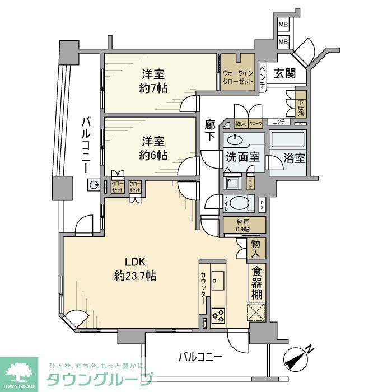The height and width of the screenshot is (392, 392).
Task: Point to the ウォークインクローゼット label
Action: (239, 77)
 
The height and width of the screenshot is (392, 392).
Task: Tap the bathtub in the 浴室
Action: (287, 140)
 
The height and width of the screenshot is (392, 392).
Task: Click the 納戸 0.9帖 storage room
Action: (243, 225)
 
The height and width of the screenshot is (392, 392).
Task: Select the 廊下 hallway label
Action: (209, 130)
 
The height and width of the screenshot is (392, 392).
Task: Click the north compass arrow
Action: (297, 358)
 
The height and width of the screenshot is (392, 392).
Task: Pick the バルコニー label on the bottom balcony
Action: (201, 356)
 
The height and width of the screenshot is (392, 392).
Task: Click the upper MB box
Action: (283, 26)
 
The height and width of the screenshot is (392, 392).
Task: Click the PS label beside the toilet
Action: (262, 206)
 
